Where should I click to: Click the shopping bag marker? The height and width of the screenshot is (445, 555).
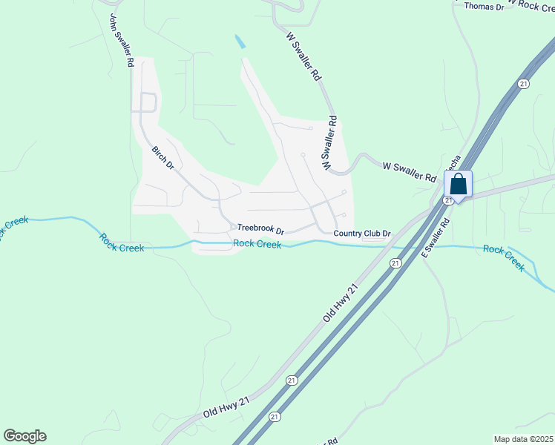click(x=459, y=185)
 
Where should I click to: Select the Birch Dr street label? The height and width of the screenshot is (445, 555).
click(x=162, y=157)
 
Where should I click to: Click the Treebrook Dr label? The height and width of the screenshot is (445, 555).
click(x=260, y=230)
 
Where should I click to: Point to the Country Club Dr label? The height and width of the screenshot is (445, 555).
click(x=361, y=234)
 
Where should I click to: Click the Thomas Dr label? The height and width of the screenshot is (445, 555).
click(x=484, y=7)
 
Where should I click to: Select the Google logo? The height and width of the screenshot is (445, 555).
click(x=24, y=436)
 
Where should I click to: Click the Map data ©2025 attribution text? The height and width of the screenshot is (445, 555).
click(x=523, y=439)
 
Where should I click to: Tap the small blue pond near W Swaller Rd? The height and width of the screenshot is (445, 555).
click(x=240, y=42)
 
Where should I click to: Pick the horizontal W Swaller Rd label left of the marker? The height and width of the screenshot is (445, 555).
click(x=409, y=173)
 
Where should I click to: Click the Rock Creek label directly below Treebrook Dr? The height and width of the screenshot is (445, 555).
click(x=257, y=244)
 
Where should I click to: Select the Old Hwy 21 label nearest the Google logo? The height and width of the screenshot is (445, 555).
click(x=226, y=406)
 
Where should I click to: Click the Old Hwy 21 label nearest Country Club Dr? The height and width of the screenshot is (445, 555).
click(x=341, y=303)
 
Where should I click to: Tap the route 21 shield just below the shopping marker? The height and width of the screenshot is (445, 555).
click(x=448, y=200)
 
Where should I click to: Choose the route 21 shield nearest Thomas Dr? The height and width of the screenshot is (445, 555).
click(x=524, y=84)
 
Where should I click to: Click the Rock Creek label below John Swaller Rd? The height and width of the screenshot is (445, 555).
click(x=122, y=243)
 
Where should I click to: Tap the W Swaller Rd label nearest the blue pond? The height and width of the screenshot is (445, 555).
click(x=303, y=56)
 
